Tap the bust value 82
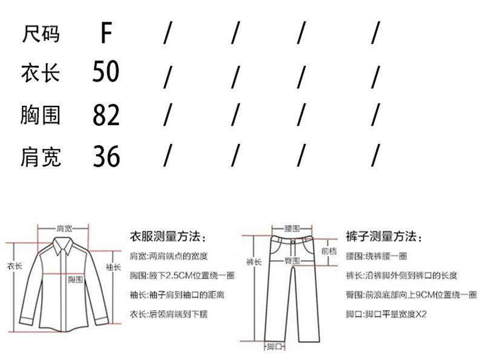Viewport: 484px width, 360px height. point(106,114)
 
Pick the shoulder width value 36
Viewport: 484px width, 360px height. point(106,157)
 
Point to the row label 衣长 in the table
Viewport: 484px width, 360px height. point(41,73)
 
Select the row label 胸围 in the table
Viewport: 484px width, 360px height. point(41,114)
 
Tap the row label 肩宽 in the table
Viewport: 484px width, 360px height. point(41,157)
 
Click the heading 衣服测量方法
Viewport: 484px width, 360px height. point(169,236)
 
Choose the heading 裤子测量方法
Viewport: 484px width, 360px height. point(384,236)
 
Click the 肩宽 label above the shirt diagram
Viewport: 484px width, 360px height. point(64,228)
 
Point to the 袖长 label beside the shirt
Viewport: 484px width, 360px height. point(113,266)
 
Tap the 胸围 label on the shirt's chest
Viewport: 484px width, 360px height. point(74,279)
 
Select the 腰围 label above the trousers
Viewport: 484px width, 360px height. point(292,229)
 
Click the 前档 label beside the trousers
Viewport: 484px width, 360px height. point(329,250)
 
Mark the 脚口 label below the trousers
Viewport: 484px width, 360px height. point(275,347)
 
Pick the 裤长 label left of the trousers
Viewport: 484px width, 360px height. point(253,262)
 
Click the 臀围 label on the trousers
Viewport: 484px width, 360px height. point(292,260)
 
